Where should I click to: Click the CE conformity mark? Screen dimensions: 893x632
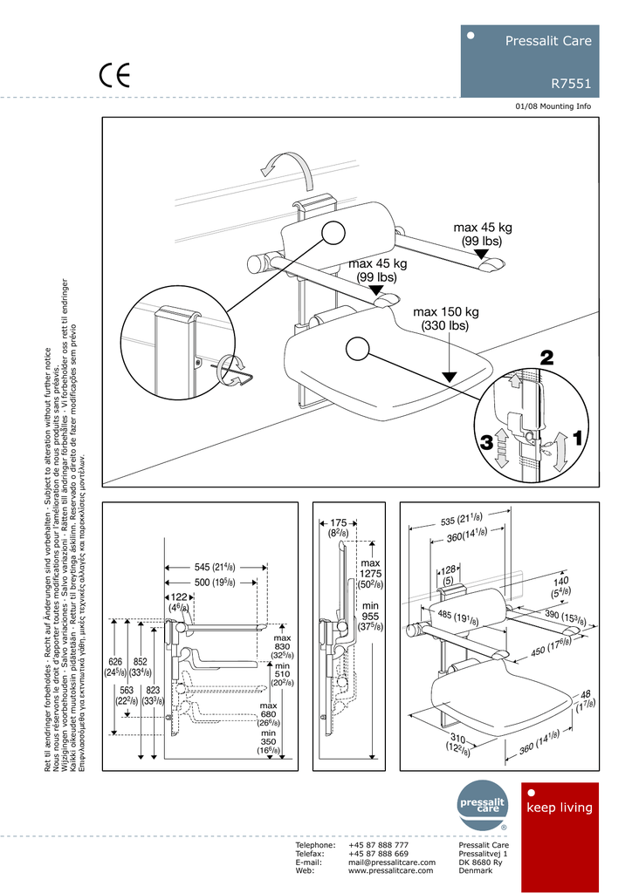click(x=114, y=76)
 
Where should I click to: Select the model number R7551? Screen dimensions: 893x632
click(x=571, y=85)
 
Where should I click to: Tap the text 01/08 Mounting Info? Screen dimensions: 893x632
click(x=553, y=106)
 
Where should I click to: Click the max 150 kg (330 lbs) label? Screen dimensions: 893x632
click(x=446, y=319)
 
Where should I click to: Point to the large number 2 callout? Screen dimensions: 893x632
click(x=546, y=357)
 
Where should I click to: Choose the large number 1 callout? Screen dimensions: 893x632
click(x=580, y=433)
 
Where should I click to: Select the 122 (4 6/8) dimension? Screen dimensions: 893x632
click(x=179, y=602)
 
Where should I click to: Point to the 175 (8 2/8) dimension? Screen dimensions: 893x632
click(x=339, y=528)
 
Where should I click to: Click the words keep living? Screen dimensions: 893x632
click(x=560, y=808)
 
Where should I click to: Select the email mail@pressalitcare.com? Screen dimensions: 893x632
click(x=391, y=862)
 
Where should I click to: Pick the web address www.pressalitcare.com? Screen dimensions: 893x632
click(x=390, y=870)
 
